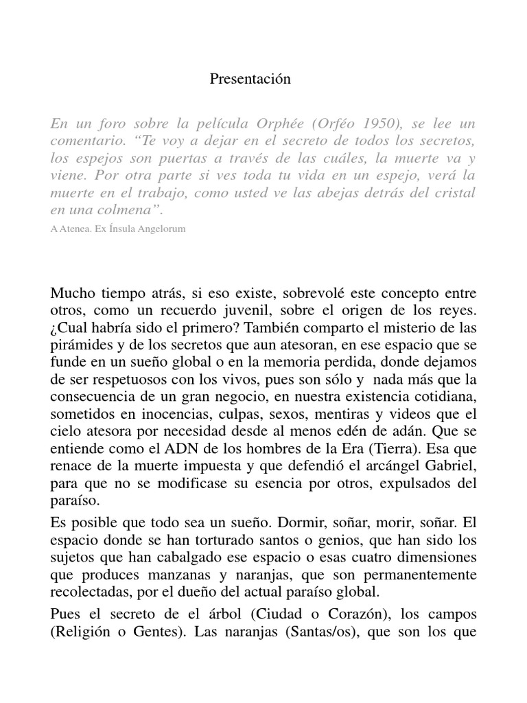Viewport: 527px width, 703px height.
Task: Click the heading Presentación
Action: (250, 79)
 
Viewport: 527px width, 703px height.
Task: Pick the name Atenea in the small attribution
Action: (79, 229)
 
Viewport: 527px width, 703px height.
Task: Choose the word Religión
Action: (84, 630)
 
